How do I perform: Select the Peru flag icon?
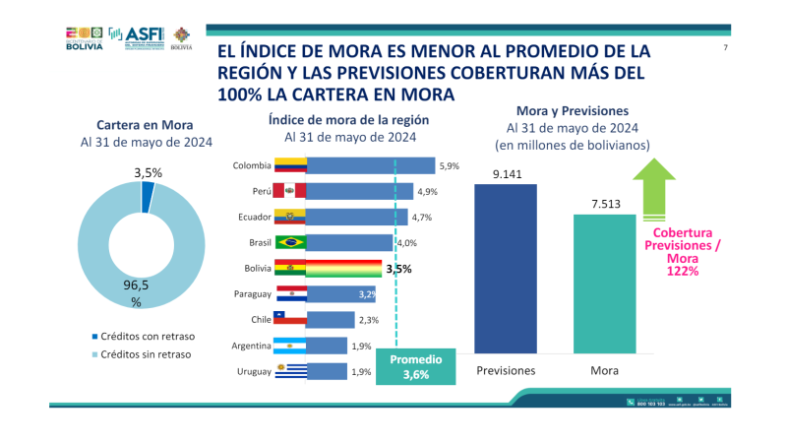point(290,191)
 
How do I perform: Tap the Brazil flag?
point(290,242)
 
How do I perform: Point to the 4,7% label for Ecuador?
point(422,217)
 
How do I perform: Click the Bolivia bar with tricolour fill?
point(344,268)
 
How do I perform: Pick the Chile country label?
point(259,319)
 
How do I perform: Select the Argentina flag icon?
point(290,346)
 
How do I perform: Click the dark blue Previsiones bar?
point(508,268)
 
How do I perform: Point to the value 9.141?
point(508,173)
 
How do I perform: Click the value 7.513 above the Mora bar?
point(604,204)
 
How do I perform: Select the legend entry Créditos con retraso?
point(142,335)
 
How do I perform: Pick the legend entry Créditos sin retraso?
point(142,353)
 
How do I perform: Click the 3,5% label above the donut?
point(148,172)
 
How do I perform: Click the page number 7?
point(724,48)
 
